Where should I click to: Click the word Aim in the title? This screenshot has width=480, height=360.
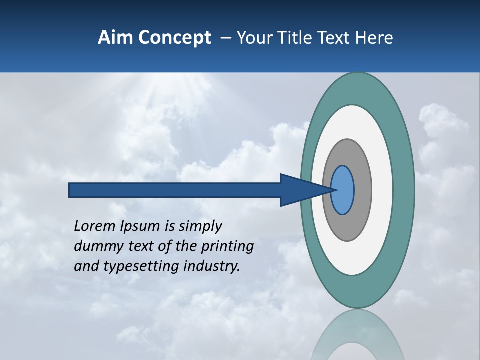click(x=114, y=38)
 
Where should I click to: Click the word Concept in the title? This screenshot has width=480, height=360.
click(x=175, y=38)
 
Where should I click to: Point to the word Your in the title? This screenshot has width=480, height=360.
click(x=254, y=38)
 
